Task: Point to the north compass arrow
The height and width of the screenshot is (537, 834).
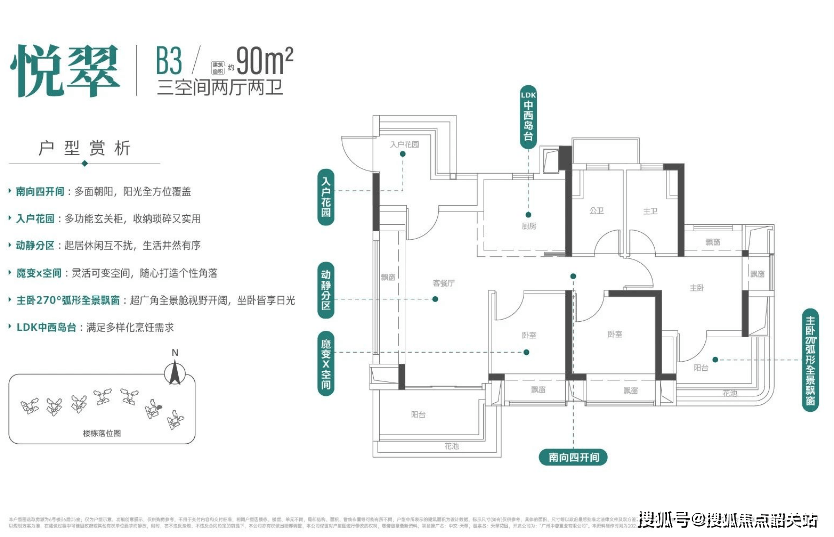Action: (175, 372)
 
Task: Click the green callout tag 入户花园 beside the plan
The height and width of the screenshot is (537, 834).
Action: (326, 197)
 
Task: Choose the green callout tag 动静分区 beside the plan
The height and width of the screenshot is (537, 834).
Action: (326, 290)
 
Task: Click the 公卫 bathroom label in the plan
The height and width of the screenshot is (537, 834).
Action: (596, 211)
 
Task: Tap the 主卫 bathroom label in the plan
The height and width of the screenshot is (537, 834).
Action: (649, 211)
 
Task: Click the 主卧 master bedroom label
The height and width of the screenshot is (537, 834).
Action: (697, 288)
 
